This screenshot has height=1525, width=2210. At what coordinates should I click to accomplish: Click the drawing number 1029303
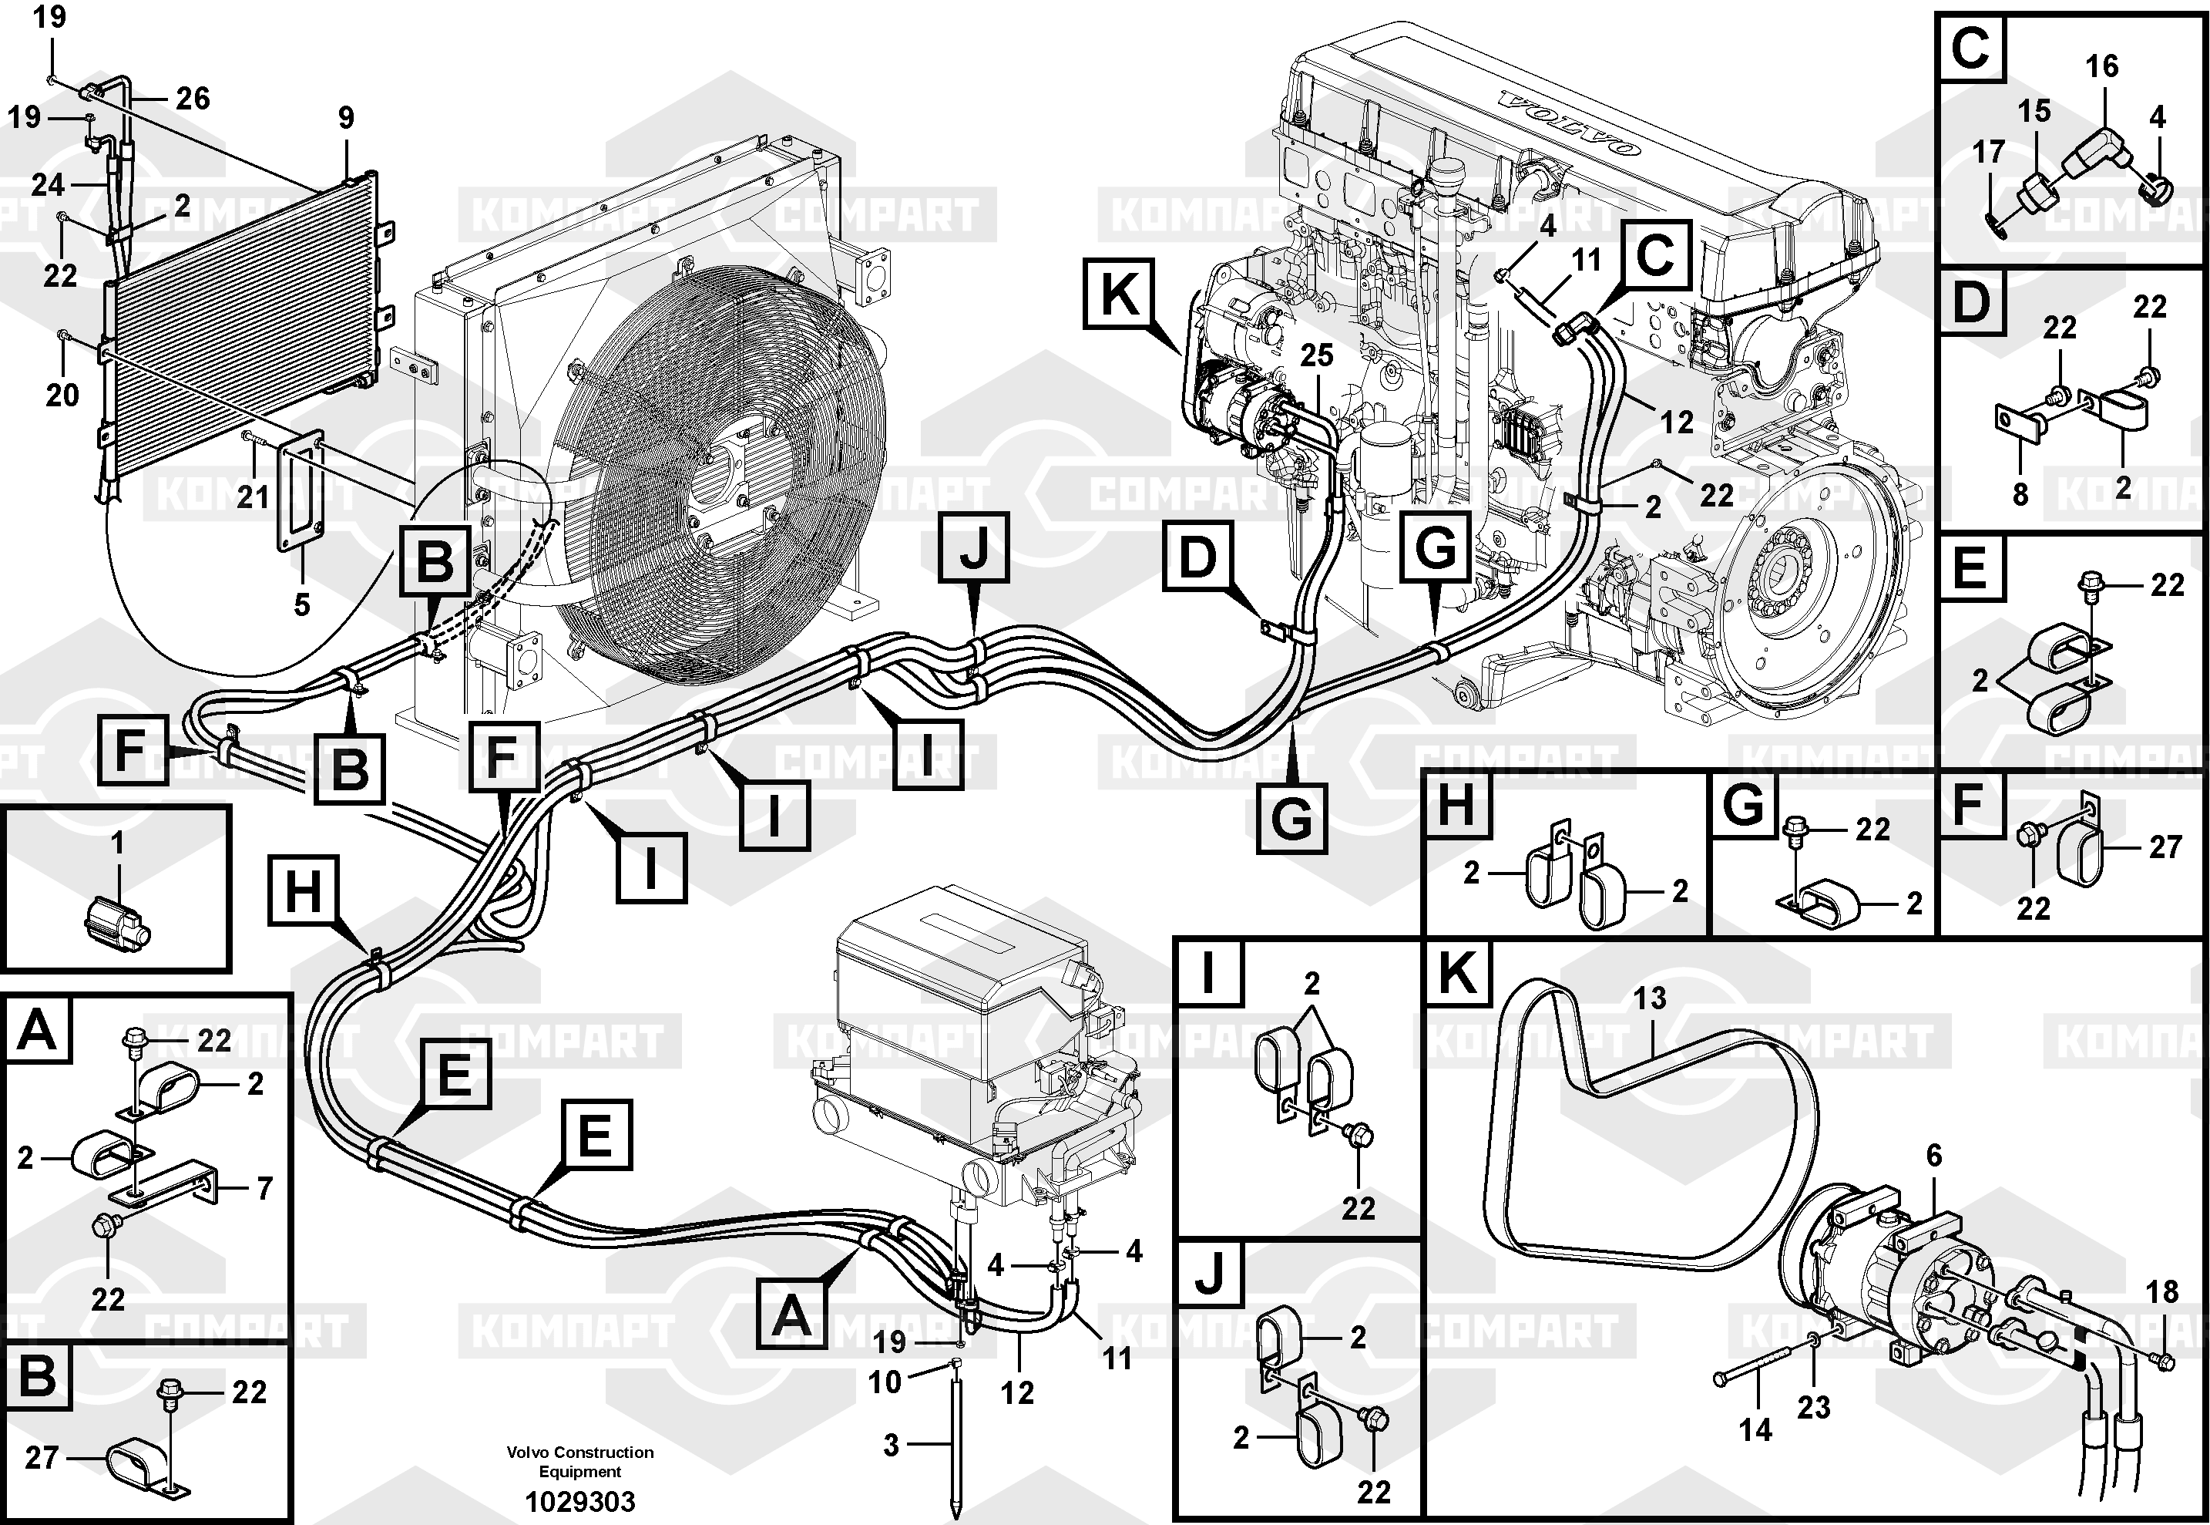pos(579,1501)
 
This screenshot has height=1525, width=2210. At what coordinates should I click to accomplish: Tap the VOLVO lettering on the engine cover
pos(1567,125)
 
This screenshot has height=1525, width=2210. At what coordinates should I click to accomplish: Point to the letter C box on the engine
pos(1655,255)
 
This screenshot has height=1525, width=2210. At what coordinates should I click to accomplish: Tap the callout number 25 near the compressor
pos(1316,355)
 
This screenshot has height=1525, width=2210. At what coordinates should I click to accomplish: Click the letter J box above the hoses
pos(973,547)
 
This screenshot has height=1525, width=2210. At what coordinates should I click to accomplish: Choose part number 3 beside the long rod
pos(891,1445)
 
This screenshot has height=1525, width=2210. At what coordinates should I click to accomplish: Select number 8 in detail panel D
pos(2020,494)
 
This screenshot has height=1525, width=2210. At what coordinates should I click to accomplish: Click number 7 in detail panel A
pos(264,1188)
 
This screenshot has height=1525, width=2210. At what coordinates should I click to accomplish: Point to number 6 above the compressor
pos(1934,1155)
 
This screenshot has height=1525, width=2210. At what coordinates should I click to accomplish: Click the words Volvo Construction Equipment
pos(579,1461)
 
